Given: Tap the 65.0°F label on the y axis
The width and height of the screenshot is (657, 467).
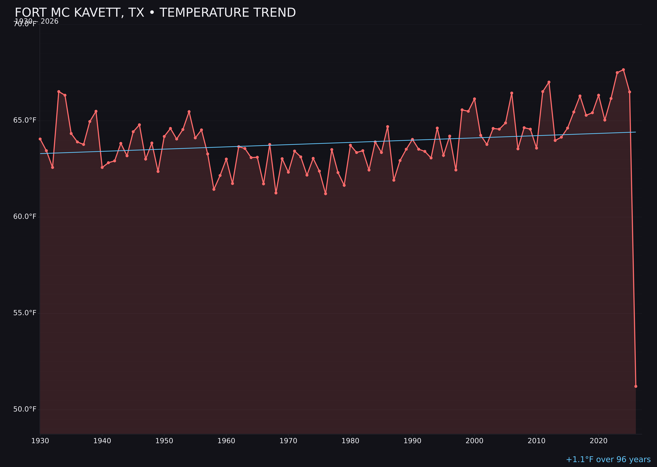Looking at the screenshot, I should point(25,120).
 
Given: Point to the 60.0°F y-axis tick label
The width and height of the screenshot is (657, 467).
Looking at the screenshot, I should point(25,217).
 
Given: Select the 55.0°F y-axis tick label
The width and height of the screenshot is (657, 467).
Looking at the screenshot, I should point(25,313).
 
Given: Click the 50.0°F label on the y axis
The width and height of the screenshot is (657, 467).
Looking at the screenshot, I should point(25,409).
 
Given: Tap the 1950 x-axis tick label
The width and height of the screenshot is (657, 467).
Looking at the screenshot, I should point(164,441).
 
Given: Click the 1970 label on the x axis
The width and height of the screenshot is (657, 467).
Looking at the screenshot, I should point(288,441).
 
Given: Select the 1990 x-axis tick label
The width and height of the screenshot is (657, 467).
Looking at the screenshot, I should point(412,441).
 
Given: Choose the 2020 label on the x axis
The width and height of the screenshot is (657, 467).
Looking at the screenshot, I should point(599,441).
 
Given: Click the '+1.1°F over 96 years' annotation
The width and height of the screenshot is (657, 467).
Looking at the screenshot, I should point(608,459).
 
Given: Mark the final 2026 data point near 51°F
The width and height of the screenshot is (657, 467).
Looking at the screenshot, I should point(636,386).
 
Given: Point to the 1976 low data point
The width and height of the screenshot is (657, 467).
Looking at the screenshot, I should point(325,194).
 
